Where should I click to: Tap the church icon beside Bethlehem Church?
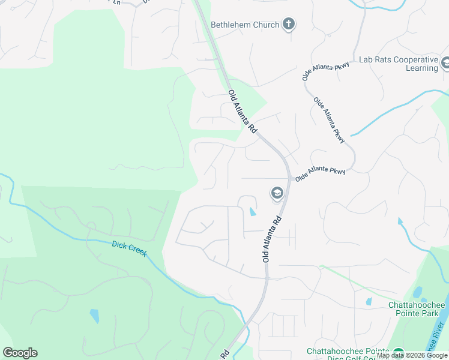tap(289, 25)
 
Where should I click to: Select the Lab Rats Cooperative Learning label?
tap(397, 64)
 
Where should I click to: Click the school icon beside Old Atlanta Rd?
tap(277, 193)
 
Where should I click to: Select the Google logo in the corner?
tap(20, 353)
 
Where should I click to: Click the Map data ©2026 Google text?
tap(412, 355)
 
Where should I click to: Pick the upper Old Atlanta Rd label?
tap(243, 112)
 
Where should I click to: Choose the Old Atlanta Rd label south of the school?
tap(272, 239)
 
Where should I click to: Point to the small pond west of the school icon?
tap(252, 211)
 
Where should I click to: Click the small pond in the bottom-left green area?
tap(94, 316)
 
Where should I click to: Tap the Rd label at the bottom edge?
tap(225, 354)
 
